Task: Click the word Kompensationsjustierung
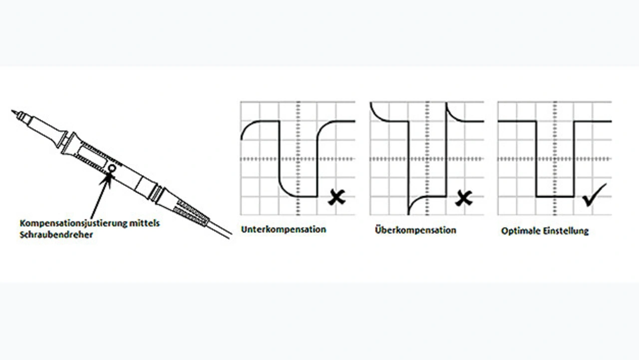73,224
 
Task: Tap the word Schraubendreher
56,235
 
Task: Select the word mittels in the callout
144,223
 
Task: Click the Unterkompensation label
283,229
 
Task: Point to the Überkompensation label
415,230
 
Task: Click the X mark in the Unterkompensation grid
336,197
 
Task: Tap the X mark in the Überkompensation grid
464,198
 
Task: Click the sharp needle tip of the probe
12,111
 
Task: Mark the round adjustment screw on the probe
112,168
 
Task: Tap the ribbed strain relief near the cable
191,213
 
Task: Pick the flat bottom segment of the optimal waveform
555,197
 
